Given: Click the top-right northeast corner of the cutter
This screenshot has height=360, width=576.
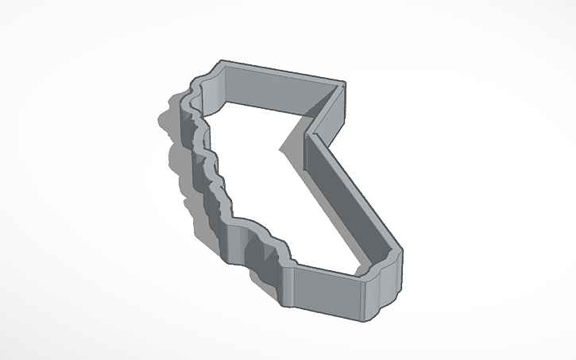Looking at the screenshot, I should point(346,83).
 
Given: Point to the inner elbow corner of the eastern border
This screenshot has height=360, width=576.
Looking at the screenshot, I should point(306,131).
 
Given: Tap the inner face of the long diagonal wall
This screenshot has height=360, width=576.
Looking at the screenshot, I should point(350,199).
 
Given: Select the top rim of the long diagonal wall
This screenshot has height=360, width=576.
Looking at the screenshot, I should point(358,191).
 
